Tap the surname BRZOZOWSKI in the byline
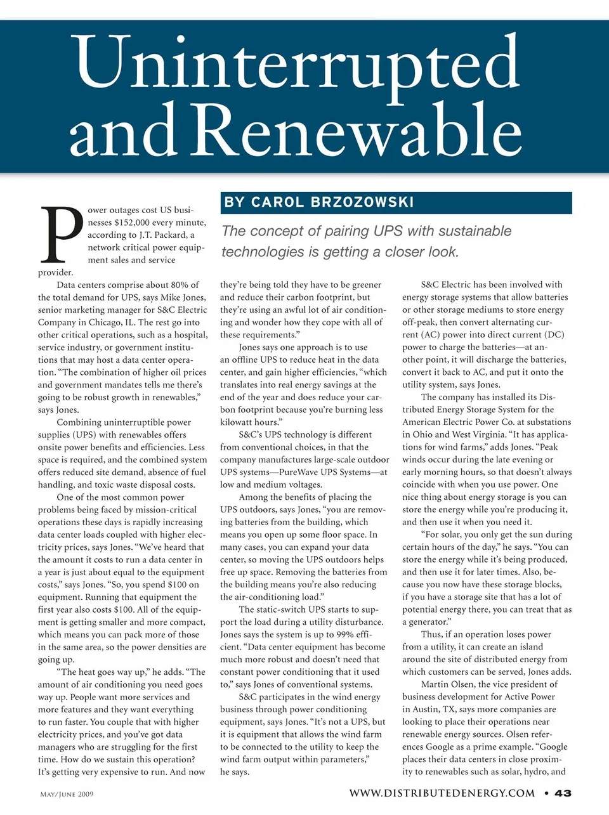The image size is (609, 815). pos(362,202)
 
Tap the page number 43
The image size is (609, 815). pos(563,793)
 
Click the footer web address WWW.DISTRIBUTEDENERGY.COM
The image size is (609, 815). pos(442,793)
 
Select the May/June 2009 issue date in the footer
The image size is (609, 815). pos(67,794)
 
